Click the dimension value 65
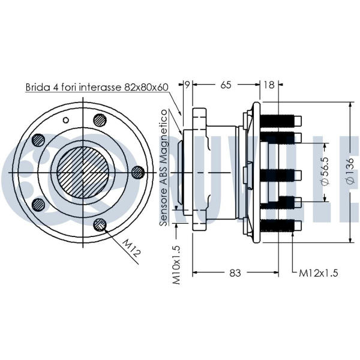tap(226, 85)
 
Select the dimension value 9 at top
tap(187, 85)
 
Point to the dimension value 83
tap(235, 273)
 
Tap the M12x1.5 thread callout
tap(319, 273)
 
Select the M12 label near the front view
tap(131, 247)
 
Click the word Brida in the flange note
tap(37, 87)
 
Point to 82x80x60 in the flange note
tap(146, 87)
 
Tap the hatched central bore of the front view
tap(82, 172)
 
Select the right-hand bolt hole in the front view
tap(137, 172)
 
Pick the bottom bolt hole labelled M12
tap(100, 225)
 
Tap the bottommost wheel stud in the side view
tap(278, 225)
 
